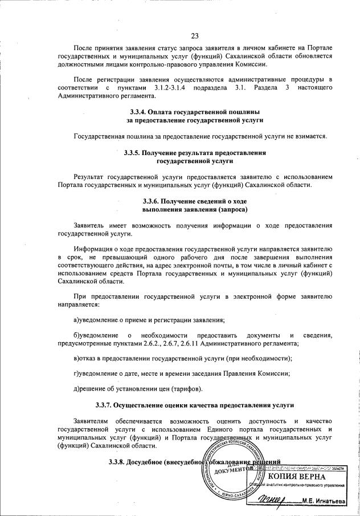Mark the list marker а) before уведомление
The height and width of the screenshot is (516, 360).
tap(78, 319)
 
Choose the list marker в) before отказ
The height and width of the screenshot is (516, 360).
tap(78, 358)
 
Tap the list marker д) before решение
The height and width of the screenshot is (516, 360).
tap(78, 389)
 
